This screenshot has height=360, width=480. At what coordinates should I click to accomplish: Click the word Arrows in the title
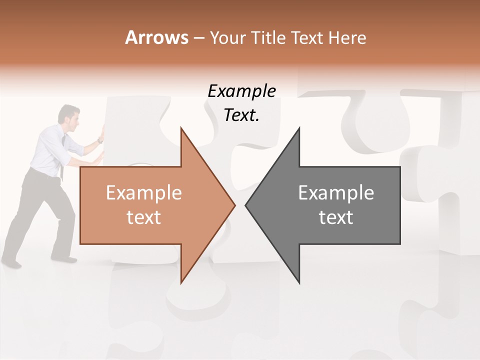[x=157, y=37]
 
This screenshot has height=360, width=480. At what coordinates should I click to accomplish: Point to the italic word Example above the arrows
[x=242, y=91]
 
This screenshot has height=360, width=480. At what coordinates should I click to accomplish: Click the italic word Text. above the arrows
[x=242, y=115]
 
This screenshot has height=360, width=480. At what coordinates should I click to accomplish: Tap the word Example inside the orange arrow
[x=144, y=193]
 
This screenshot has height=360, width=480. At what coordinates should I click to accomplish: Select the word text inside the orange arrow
[x=144, y=217]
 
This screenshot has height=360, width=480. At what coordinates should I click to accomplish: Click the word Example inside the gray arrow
[x=336, y=193]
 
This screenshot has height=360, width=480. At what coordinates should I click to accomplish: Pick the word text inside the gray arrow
[x=336, y=217]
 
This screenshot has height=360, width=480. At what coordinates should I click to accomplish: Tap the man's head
[x=68, y=114]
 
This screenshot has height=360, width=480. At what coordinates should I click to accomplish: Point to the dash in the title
[x=199, y=38]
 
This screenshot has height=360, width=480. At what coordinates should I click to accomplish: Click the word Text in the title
[x=307, y=38]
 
